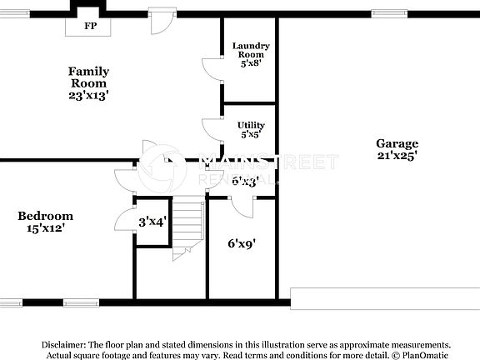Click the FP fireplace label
point(88,26)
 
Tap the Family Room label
point(88,77)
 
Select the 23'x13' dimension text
point(88,96)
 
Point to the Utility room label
point(251,125)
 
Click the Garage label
point(397,143)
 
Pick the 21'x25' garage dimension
point(397,155)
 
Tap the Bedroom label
point(45,216)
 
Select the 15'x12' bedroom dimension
point(45,227)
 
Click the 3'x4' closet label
point(152,222)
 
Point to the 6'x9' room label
point(242,244)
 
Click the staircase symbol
point(189,225)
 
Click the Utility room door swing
point(212,129)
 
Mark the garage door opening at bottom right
point(384,295)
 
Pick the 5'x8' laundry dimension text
point(251,63)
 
